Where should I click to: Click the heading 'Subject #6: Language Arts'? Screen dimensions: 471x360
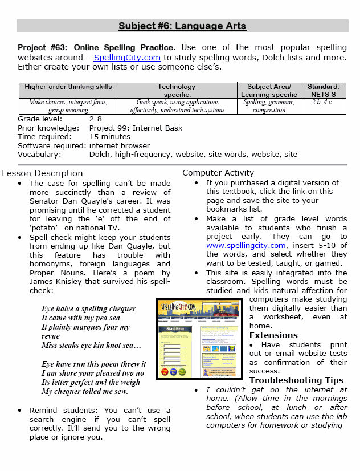(x=182, y=26)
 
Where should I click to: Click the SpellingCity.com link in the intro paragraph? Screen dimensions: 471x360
(x=127, y=58)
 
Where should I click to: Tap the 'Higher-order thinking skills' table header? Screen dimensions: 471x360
(x=68, y=87)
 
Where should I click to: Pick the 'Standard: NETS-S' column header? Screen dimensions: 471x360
(x=323, y=90)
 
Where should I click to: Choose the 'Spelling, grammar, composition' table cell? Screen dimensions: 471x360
(x=269, y=106)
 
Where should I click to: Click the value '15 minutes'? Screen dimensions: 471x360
(x=110, y=137)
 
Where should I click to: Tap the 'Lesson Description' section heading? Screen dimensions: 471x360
(x=42, y=173)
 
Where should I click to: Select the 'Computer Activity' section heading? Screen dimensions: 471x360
(x=218, y=173)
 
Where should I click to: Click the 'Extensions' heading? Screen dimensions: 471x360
(x=273, y=335)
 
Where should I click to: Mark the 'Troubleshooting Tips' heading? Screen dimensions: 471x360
(x=296, y=380)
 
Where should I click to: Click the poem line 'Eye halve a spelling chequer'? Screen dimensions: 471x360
(x=88, y=309)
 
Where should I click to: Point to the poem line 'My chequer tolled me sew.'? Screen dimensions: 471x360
(x=84, y=391)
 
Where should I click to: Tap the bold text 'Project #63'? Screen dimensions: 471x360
(x=40, y=47)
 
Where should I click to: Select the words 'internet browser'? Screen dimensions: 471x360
(x=120, y=145)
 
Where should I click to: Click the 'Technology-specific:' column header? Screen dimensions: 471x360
(x=177, y=90)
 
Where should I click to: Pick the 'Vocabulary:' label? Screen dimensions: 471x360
(x=38, y=154)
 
